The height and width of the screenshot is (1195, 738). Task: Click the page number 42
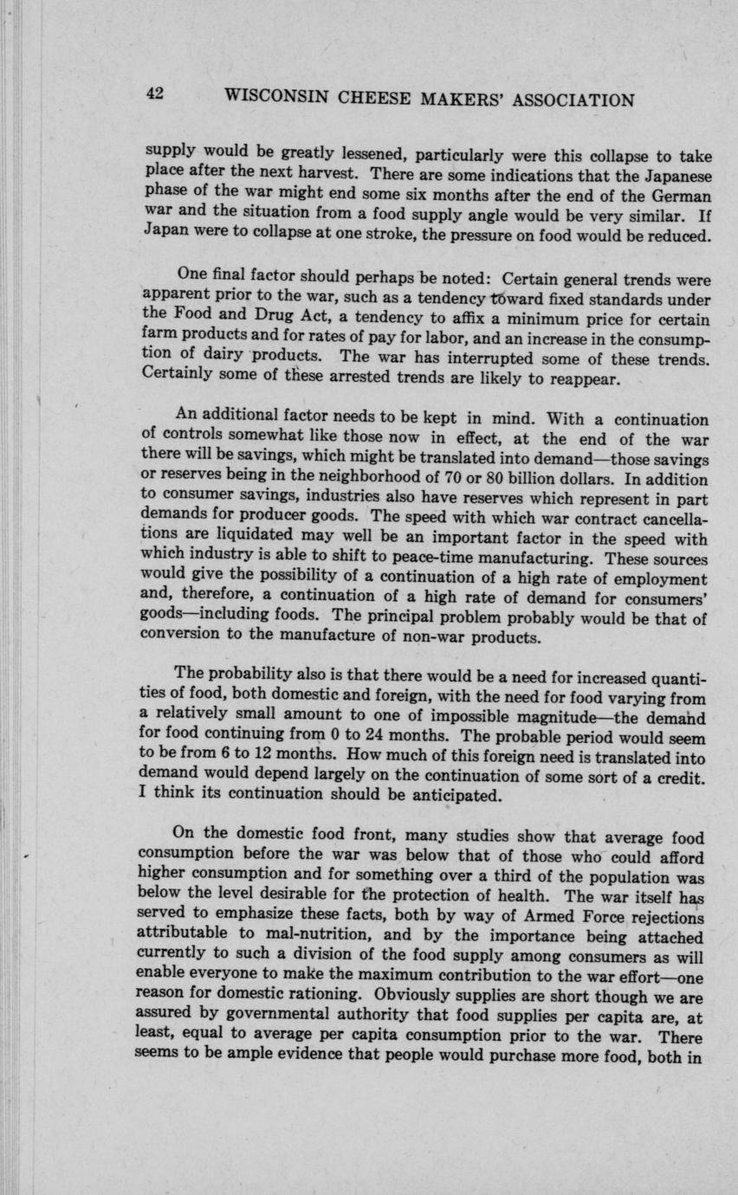(155, 95)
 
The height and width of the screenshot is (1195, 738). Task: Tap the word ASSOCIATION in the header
(574, 100)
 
